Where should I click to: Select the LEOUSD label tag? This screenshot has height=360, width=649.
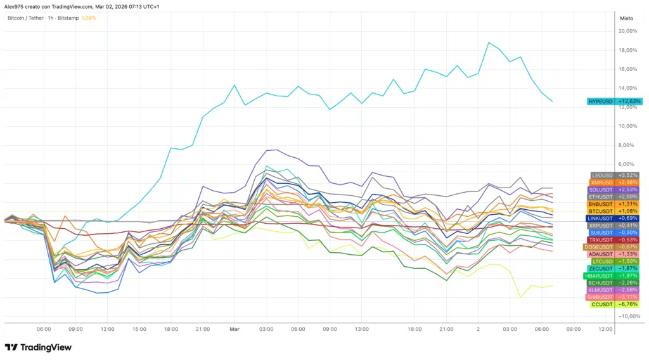coord(601,175)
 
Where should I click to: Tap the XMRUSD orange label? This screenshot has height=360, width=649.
coord(601,182)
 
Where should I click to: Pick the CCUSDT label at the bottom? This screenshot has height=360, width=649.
coord(601,304)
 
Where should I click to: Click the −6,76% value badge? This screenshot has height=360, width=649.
coord(627,304)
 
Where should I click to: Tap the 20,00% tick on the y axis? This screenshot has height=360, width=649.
coord(627,31)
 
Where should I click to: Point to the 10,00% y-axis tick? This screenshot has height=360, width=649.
coord(627,126)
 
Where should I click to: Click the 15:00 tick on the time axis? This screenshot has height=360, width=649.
coord(139,329)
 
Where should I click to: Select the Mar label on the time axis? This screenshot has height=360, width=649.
coord(235,329)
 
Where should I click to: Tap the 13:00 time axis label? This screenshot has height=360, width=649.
coord(362,329)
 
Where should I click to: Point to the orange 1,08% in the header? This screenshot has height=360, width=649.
coord(89,18)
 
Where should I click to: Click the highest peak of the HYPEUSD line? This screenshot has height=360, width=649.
coord(489,42)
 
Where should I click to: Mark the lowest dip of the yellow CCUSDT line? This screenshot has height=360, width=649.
coord(520,297)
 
